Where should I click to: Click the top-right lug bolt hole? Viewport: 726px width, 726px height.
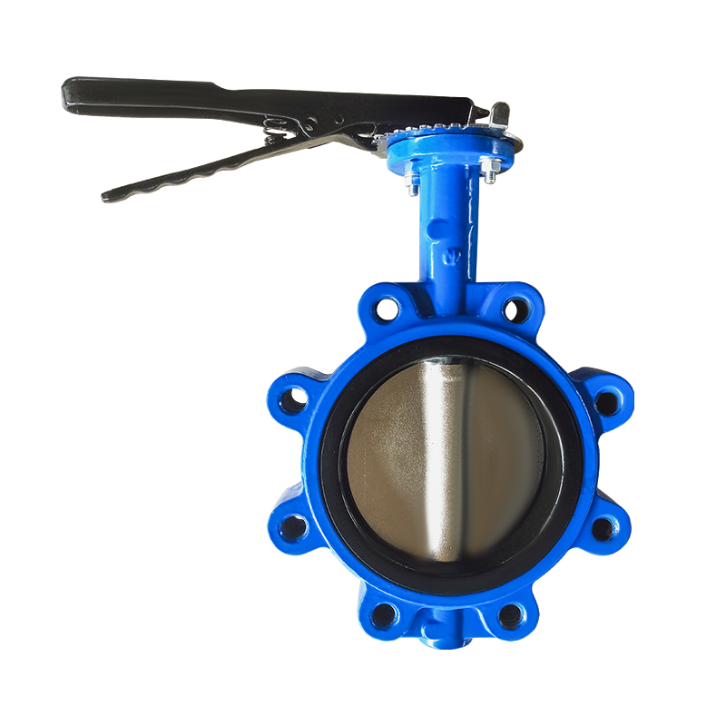coord(515,309)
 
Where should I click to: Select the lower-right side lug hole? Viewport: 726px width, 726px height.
coord(603,528)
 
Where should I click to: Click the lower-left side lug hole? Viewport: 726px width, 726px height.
coord(293,526)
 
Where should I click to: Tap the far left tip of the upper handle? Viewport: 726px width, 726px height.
coord(67,87)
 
